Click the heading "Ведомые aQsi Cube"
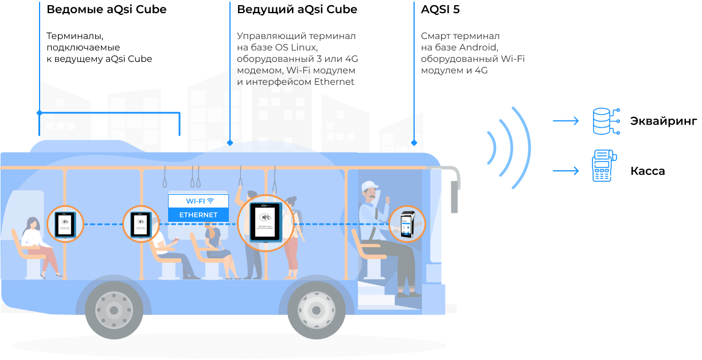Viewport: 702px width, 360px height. click(106, 10)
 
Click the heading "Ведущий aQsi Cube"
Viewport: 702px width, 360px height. click(297, 10)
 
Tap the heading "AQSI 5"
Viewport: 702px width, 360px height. click(440, 10)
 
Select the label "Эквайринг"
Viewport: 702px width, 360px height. click(664, 121)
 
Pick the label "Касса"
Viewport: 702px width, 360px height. click(648, 171)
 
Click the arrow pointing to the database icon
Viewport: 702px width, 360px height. click(565, 121)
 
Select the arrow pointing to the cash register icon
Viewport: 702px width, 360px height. click(565, 171)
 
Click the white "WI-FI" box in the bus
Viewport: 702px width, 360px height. click(198, 201)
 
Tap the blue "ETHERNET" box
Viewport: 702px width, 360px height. click(198, 215)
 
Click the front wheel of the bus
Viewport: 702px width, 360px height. click(315, 310)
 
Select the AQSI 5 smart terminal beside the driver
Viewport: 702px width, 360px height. click(407, 225)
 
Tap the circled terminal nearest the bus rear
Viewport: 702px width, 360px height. click(65, 224)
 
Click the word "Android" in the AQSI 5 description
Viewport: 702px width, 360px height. click(478, 47)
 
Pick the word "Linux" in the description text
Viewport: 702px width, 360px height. click(305, 47)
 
